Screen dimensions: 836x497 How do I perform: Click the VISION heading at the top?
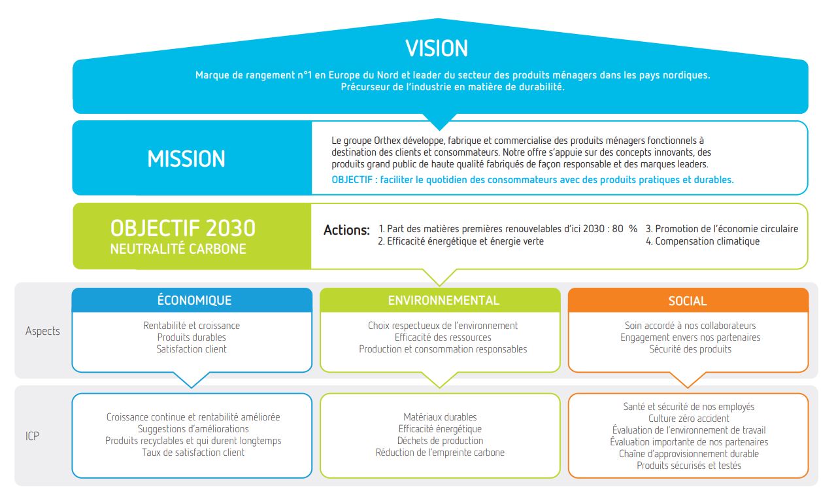(436, 48)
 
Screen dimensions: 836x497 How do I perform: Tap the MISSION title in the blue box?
(186, 159)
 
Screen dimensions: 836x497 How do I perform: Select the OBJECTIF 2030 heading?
(183, 228)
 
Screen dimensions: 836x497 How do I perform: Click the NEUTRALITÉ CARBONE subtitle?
(178, 248)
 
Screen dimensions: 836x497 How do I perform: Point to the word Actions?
(346, 230)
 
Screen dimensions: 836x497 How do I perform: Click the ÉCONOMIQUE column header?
(194, 300)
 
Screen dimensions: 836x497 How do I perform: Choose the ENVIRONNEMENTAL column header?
(443, 300)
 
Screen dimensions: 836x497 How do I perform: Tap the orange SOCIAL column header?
(688, 301)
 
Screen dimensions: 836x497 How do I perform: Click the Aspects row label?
(42, 331)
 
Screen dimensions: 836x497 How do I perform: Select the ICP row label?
(32, 436)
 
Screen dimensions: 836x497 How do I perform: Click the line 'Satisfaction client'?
(192, 349)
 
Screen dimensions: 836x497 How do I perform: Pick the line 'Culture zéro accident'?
(688, 419)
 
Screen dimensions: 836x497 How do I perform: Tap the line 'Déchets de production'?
(440, 441)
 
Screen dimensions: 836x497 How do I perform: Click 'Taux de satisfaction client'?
(193, 453)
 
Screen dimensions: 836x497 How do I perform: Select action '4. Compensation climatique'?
(703, 241)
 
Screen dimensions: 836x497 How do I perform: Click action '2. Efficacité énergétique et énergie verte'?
(461, 241)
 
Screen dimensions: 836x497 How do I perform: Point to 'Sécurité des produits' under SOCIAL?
(690, 349)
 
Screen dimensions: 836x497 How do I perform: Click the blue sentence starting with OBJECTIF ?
(533, 180)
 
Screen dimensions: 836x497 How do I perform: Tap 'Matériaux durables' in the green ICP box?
(440, 417)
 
